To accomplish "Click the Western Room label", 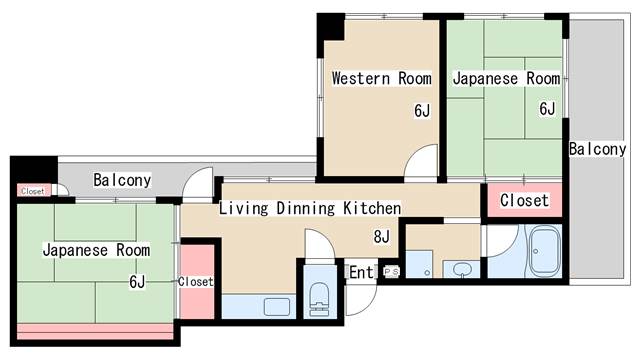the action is (x=382, y=78).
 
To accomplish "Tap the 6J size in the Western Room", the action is (x=422, y=111).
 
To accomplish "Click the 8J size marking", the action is (x=382, y=236).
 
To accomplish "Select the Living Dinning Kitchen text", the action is (x=310, y=208).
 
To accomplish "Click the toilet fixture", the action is (x=320, y=299).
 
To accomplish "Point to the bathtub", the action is (x=544, y=252).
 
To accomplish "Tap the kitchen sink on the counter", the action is (x=277, y=307).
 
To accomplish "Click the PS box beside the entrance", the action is (x=391, y=271).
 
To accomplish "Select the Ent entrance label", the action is (x=361, y=272).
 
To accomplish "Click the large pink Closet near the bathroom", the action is (x=524, y=200).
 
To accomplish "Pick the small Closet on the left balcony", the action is (x=33, y=191).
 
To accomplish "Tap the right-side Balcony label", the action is (x=598, y=149).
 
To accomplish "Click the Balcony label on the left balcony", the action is (x=122, y=180).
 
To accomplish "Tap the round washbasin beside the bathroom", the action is (x=462, y=270).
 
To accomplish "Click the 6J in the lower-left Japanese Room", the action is (x=137, y=282).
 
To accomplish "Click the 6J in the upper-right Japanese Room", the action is (x=547, y=109).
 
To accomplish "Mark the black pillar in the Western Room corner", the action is (x=331, y=27).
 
